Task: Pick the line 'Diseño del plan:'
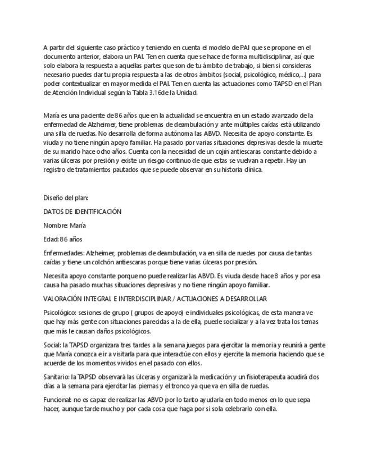click(x=66, y=198)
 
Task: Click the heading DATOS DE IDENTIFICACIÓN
click(x=82, y=211)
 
